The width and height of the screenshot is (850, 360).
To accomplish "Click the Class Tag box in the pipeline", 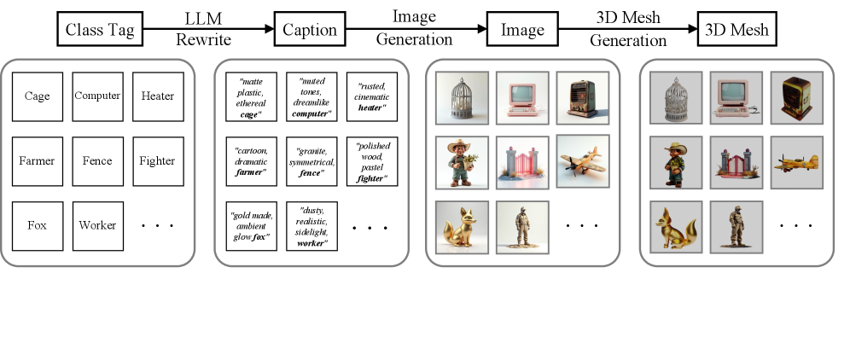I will (x=101, y=31).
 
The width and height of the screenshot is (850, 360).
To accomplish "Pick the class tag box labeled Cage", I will (x=37, y=96).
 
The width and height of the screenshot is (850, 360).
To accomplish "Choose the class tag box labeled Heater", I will (x=158, y=96).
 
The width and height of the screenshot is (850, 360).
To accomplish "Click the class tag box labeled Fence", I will (x=97, y=160).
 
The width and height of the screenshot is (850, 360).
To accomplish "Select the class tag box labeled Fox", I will (x=37, y=225).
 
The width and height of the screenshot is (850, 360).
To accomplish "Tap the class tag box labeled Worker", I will (x=97, y=225).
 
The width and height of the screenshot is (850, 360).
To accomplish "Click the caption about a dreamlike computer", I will (x=312, y=96).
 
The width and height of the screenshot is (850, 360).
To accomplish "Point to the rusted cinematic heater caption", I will (x=371, y=96).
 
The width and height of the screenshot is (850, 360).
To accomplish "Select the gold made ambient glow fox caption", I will (x=252, y=225).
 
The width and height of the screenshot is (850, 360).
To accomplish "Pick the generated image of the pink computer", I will (x=522, y=96).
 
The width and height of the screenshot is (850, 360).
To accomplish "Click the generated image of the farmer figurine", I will (x=462, y=161).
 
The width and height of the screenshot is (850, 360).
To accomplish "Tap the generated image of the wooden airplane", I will (x=583, y=161).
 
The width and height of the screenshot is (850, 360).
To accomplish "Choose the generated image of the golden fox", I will (x=462, y=226).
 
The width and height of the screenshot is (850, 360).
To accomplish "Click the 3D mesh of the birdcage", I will (x=676, y=96).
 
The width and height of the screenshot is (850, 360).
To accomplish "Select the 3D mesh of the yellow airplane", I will (x=796, y=161).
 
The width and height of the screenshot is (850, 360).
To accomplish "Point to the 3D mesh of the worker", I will (x=736, y=226).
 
